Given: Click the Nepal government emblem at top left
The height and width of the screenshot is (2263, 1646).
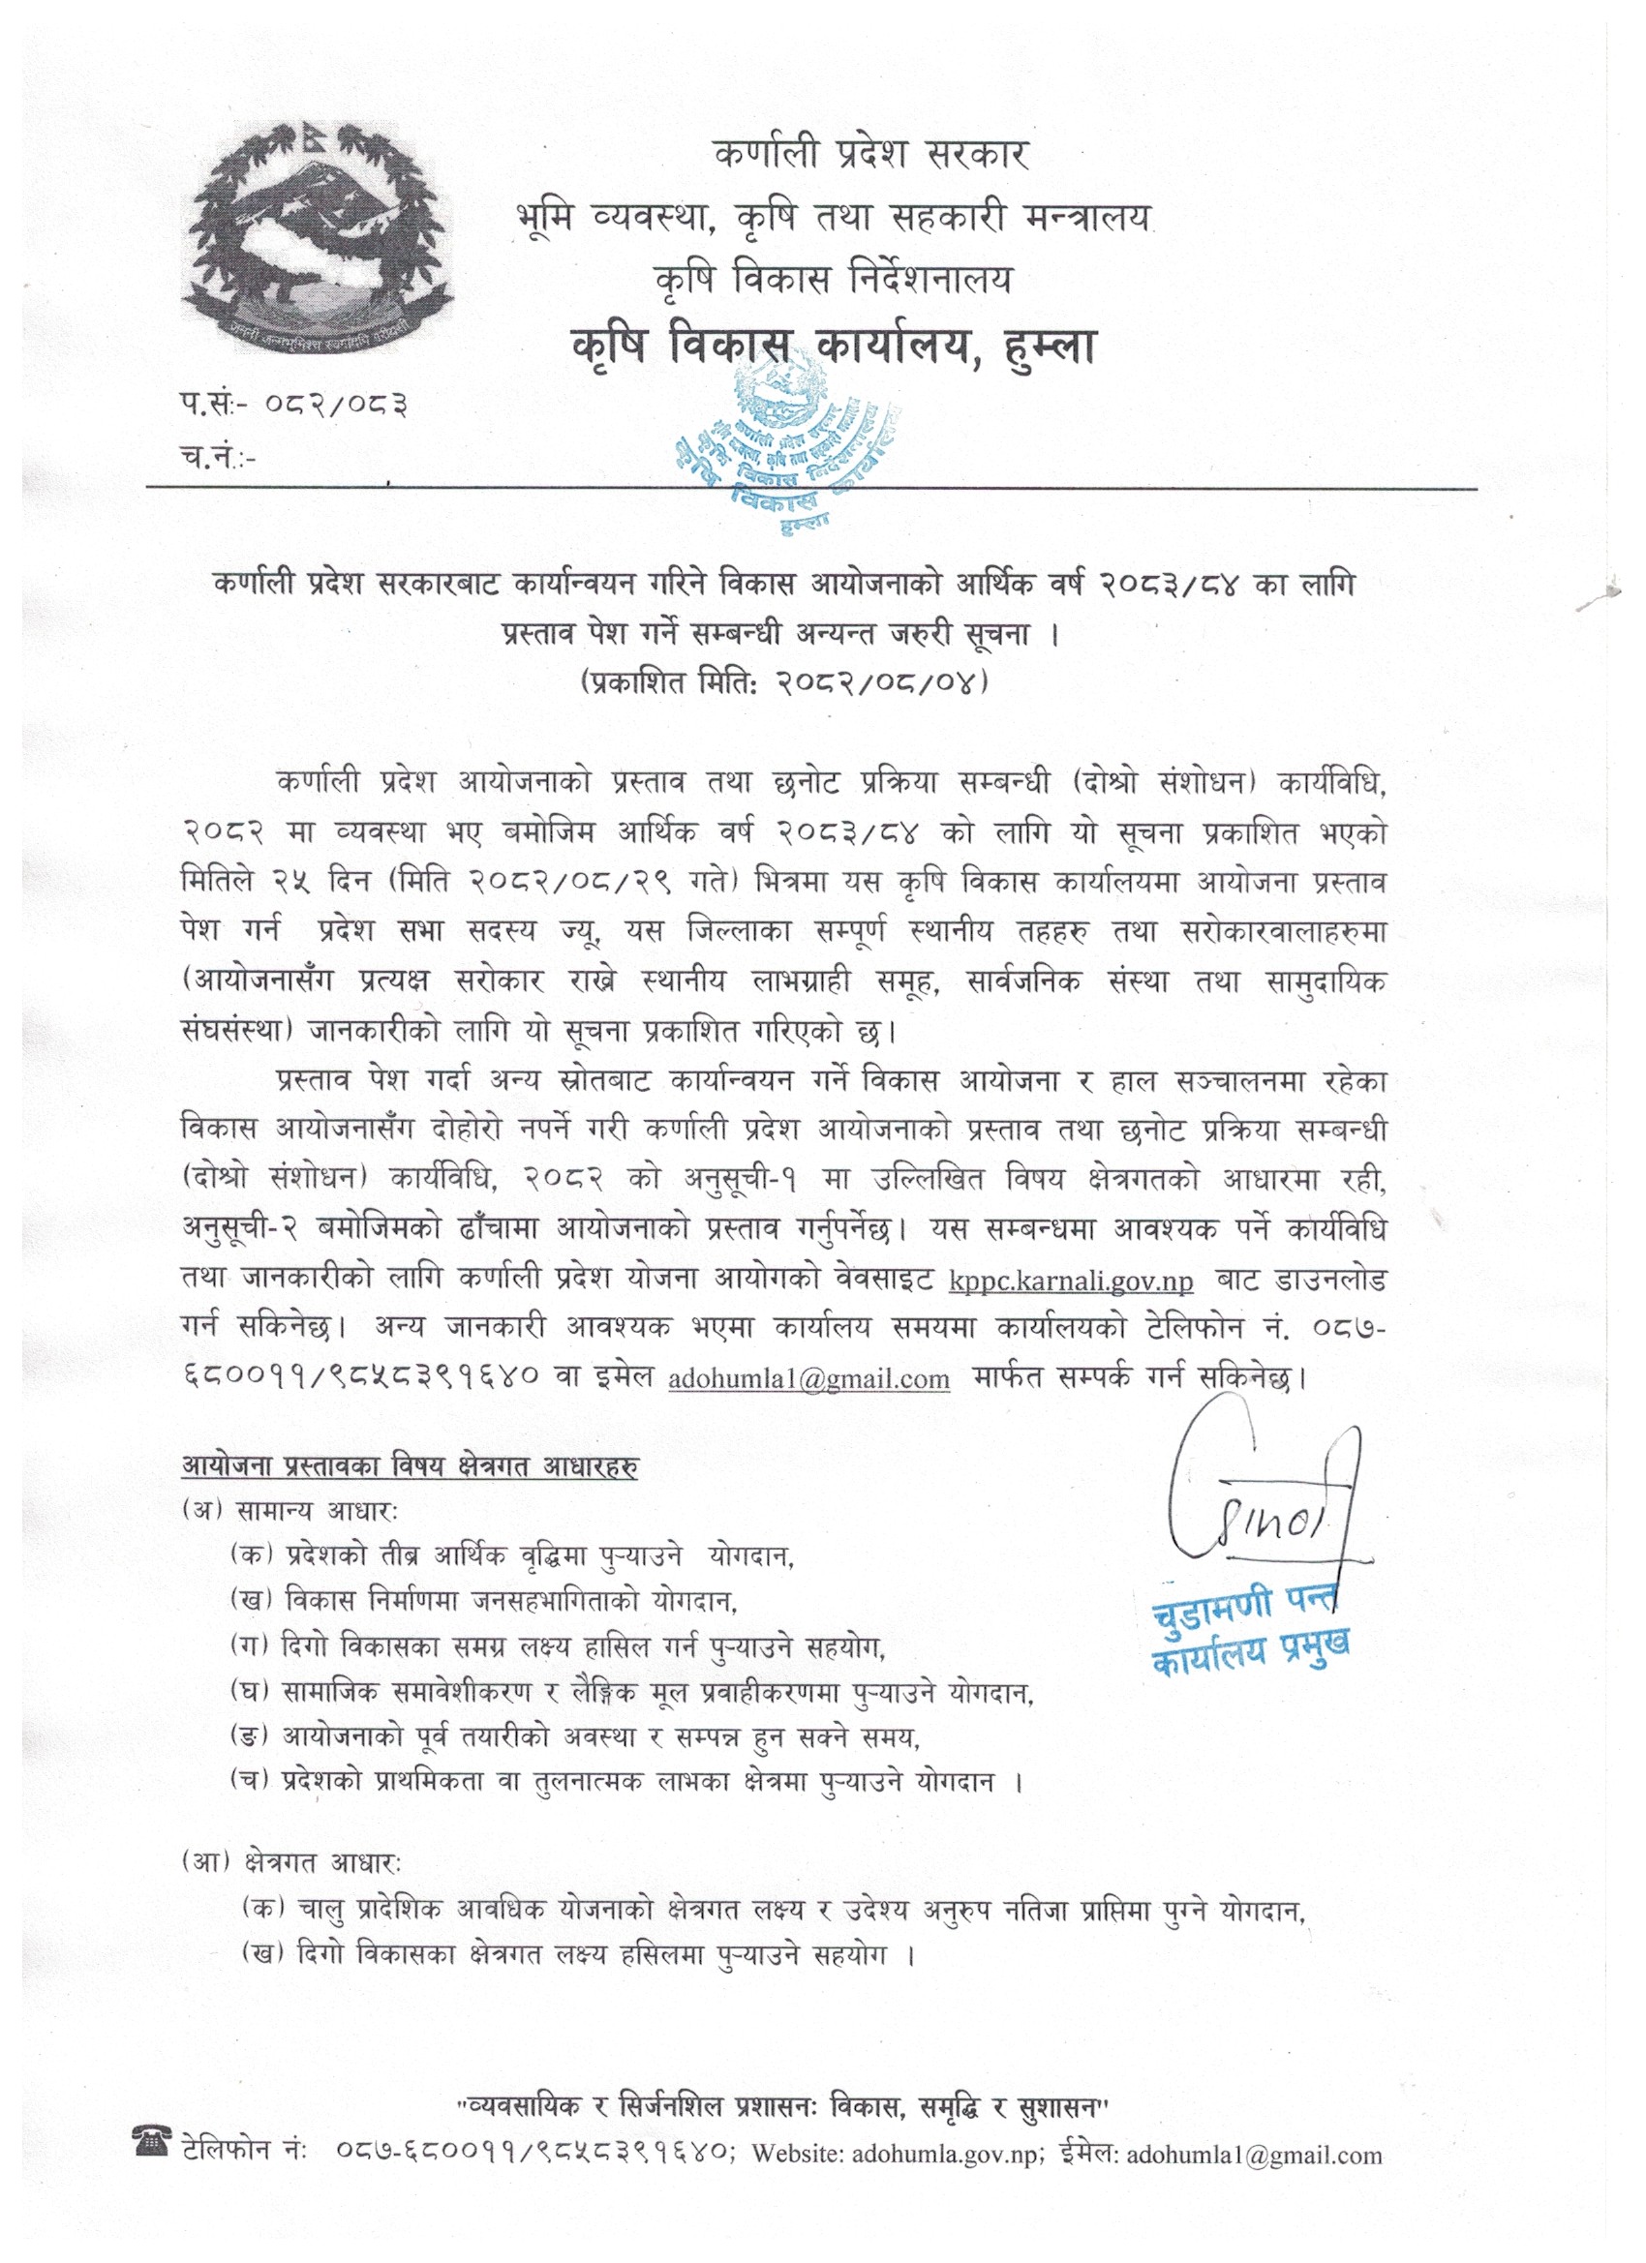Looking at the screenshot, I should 317,238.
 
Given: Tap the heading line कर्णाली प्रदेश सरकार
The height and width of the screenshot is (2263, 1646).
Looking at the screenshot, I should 870,155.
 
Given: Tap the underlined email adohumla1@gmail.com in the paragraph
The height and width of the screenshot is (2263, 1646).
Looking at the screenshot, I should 808,1378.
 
